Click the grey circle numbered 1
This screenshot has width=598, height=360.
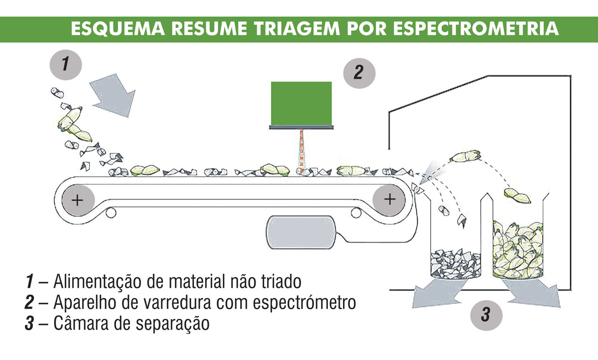pyautogui.click(x=66, y=65)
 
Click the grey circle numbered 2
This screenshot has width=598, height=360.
pyautogui.click(x=359, y=73)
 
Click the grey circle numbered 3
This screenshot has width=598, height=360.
pyautogui.click(x=486, y=316)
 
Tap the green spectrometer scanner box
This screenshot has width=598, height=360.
pyautogui.click(x=301, y=104)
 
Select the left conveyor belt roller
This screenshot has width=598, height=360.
pyautogui.click(x=78, y=200)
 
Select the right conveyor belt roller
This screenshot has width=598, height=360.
pyautogui.click(x=389, y=199)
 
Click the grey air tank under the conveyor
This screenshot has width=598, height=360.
pyautogui.click(x=300, y=232)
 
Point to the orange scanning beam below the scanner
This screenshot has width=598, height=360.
pyautogui.click(x=301, y=151)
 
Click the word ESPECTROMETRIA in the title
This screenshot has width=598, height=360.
pyautogui.click(x=476, y=28)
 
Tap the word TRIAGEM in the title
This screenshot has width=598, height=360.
pyautogui.click(x=297, y=28)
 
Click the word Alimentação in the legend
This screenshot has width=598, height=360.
pyautogui.click(x=97, y=282)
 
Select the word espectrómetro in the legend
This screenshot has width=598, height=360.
pyautogui.click(x=304, y=303)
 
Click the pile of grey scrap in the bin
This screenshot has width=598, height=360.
pyautogui.click(x=455, y=263)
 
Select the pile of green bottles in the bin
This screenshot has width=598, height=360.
pyautogui.click(x=518, y=249)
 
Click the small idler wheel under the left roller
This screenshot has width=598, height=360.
pyautogui.click(x=111, y=213)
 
